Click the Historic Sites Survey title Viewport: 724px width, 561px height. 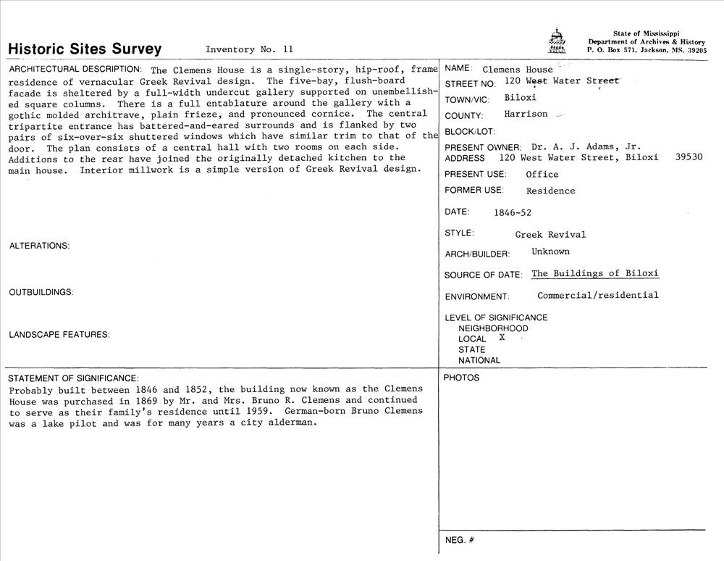pos(85,49)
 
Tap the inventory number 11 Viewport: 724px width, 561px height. pos(288,49)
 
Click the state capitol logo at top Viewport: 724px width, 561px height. pos(555,41)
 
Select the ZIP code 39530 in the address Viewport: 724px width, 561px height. pos(688,157)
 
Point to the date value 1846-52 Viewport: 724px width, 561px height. pos(512,213)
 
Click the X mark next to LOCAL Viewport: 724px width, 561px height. pos(502,338)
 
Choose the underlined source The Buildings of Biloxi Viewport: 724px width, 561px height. pos(594,273)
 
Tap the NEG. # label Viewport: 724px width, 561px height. pos(459,540)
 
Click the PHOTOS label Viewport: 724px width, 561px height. pos(461,378)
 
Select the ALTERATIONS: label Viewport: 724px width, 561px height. pos(39,246)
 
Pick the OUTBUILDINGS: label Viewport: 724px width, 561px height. pos(41,292)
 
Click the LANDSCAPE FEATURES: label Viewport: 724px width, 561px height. pos(59,335)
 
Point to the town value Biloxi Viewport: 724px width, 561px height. pos(520,97)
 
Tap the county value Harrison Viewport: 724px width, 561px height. pos(526,114)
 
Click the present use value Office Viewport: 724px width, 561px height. pos(542,174)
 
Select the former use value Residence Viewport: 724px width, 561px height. pos(550,191)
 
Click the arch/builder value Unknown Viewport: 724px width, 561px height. pos(550,252)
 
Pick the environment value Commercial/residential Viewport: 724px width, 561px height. pos(597,295)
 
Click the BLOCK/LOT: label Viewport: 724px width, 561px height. pos(469,132)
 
